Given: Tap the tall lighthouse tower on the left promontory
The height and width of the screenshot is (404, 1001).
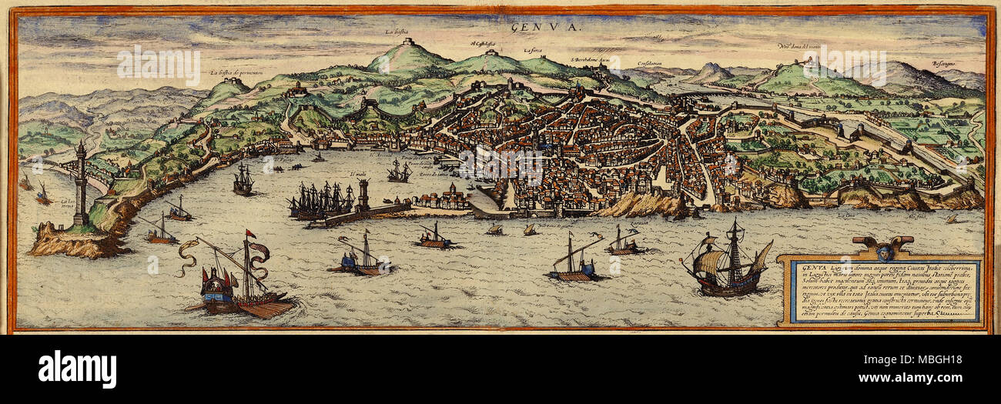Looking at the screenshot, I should tap(80, 185).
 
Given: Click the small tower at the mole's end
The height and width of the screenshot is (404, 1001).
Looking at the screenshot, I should tap(363, 195).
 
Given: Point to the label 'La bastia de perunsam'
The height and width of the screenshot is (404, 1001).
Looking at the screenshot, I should tap(242, 73).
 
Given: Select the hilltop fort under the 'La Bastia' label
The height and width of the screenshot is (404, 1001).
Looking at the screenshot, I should tap(408, 43).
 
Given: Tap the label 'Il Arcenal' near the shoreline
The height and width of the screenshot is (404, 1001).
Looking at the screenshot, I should tap(381, 155).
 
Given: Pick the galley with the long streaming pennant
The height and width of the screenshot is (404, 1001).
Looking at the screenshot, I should tap(231, 277).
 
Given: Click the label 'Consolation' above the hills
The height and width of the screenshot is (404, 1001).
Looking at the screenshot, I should tap(651, 63).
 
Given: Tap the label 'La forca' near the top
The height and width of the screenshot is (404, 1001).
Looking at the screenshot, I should tap(533, 51).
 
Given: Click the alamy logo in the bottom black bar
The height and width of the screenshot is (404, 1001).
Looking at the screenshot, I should tap(77, 369).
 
